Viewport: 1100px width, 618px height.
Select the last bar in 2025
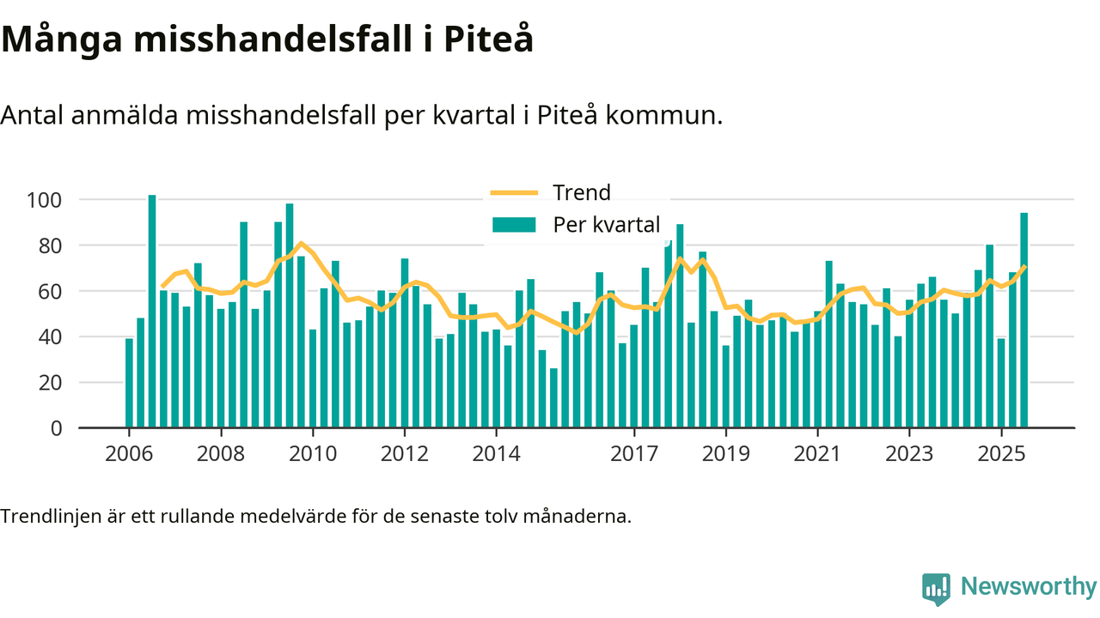(1024, 320)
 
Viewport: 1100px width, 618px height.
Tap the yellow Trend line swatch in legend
(513, 192)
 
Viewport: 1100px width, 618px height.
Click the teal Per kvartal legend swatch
(513, 225)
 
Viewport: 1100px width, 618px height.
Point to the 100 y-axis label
(45, 200)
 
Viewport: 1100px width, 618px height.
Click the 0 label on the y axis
(57, 428)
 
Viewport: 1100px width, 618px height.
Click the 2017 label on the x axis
(633, 452)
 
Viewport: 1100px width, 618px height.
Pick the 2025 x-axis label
(1001, 452)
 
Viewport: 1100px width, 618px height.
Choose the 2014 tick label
(496, 452)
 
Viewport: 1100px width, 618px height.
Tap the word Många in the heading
(64, 39)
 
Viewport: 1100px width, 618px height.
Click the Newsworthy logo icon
(936, 590)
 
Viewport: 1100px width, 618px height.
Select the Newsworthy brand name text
(1029, 588)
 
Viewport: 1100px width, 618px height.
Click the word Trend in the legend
(581, 192)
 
